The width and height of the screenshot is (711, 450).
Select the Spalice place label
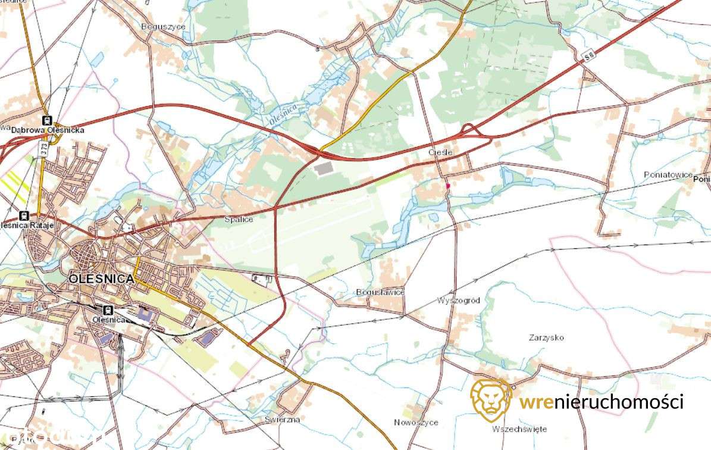[239, 220]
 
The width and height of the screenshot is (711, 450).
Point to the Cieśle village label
[441, 152]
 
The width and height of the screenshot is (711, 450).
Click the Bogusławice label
[380, 292]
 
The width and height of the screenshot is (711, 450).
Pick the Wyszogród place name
[458, 301]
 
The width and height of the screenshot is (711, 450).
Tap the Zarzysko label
[546, 337]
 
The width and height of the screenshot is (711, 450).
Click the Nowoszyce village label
[416, 423]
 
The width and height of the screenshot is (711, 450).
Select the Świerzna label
[283, 419]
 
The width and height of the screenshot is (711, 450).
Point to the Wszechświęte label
[519, 429]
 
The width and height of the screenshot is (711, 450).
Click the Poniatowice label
[668, 174]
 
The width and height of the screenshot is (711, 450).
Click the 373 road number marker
[43, 148]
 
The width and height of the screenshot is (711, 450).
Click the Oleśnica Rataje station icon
[24, 215]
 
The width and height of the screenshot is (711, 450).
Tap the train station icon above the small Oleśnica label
[108, 310]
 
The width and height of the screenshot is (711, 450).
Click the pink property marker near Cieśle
[447, 186]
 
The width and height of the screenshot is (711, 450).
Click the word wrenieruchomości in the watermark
[601, 402]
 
